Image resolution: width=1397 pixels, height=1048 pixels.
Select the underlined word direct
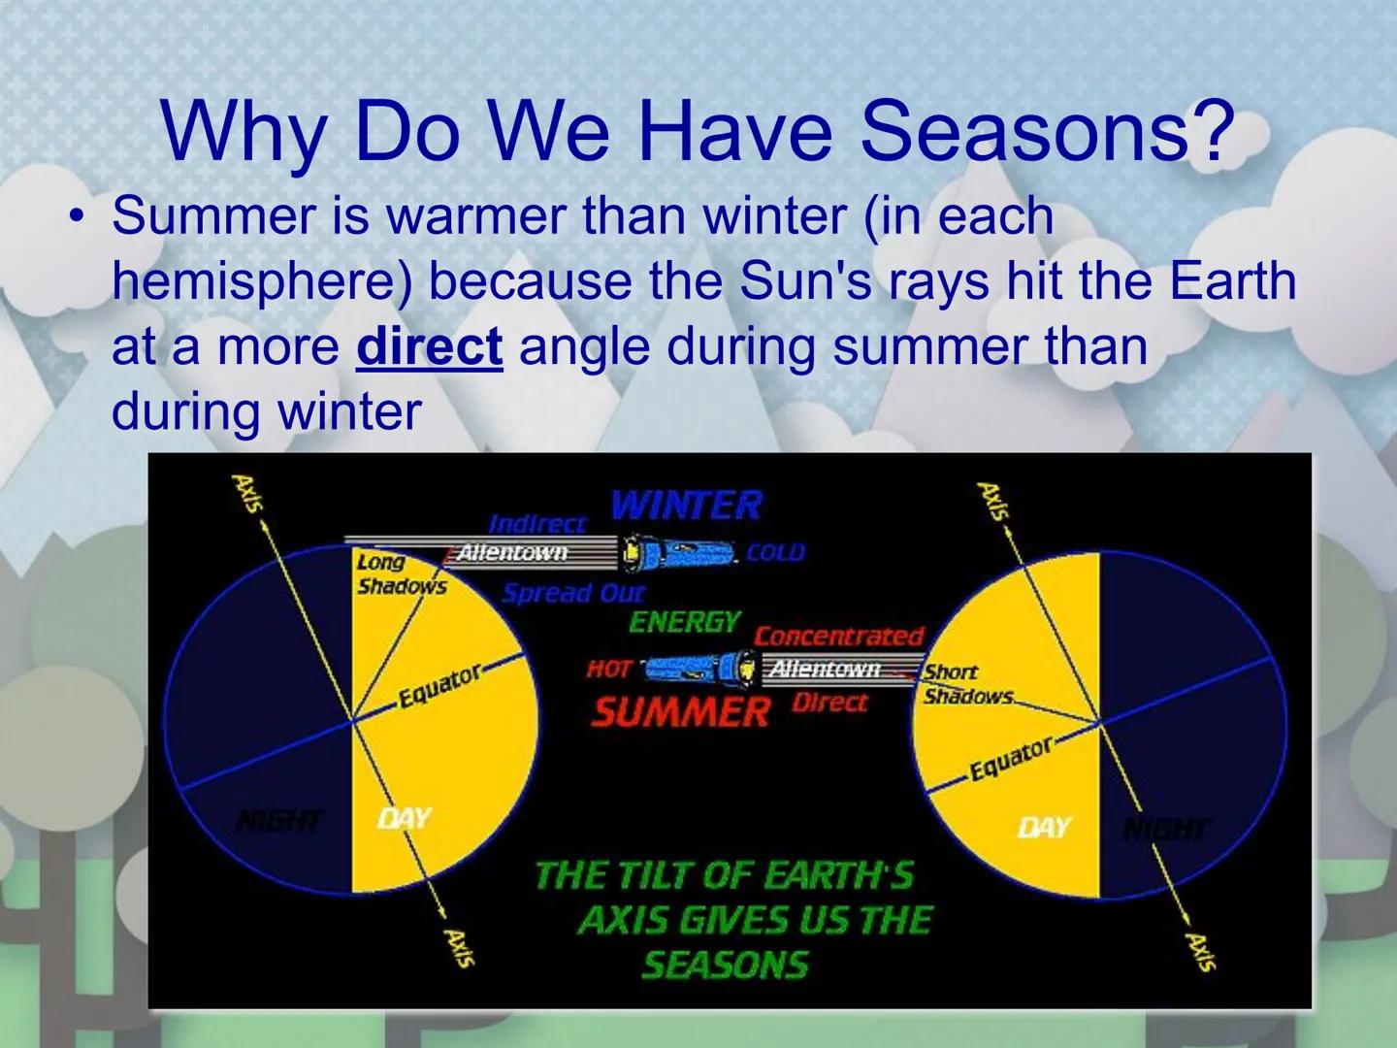(x=429, y=346)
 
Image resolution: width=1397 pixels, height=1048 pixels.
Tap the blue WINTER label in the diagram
(x=686, y=505)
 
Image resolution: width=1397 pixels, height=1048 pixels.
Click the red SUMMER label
(x=680, y=712)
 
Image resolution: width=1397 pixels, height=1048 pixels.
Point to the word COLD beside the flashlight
(x=775, y=552)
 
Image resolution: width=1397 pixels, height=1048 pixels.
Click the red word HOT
(x=608, y=669)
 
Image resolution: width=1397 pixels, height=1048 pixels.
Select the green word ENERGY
(x=685, y=621)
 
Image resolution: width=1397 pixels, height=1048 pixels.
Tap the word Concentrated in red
(x=838, y=636)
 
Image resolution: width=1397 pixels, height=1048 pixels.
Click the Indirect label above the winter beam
(x=537, y=524)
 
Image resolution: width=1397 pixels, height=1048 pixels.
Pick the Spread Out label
(x=572, y=593)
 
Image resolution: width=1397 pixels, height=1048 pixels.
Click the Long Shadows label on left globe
(x=401, y=573)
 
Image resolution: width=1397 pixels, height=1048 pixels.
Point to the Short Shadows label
(x=965, y=683)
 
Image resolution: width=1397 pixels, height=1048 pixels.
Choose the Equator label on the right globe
(x=1011, y=758)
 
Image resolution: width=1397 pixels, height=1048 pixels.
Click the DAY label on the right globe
(x=1044, y=827)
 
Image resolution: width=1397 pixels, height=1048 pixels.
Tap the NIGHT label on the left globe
(x=280, y=821)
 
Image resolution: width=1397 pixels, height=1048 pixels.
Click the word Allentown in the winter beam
(x=511, y=552)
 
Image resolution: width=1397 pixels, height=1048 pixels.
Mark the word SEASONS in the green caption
(x=725, y=965)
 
